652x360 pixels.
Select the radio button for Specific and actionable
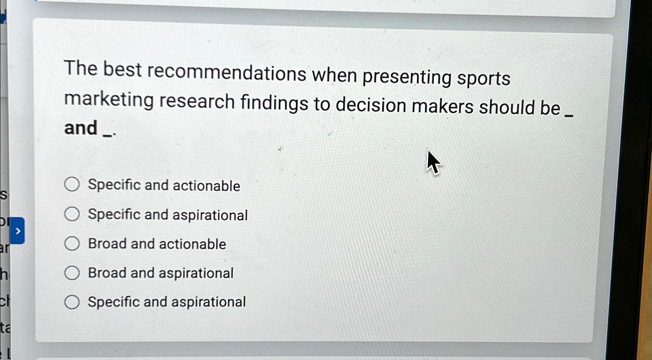click(72, 184)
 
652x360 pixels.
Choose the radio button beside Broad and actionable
click(72, 244)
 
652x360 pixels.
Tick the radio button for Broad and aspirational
click(72, 273)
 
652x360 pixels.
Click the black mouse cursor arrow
click(433, 162)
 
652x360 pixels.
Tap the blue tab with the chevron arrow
click(17, 231)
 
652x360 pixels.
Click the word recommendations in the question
click(227, 72)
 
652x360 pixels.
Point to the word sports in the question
click(483, 78)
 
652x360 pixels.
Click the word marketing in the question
click(109, 100)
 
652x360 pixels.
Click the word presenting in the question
click(407, 76)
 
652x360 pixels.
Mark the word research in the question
click(197, 101)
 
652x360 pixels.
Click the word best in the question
click(122, 70)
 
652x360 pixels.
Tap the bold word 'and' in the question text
click(81, 128)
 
